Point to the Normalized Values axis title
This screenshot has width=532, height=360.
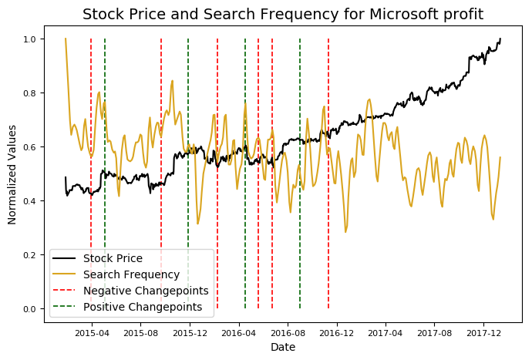(x=12, y=174)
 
